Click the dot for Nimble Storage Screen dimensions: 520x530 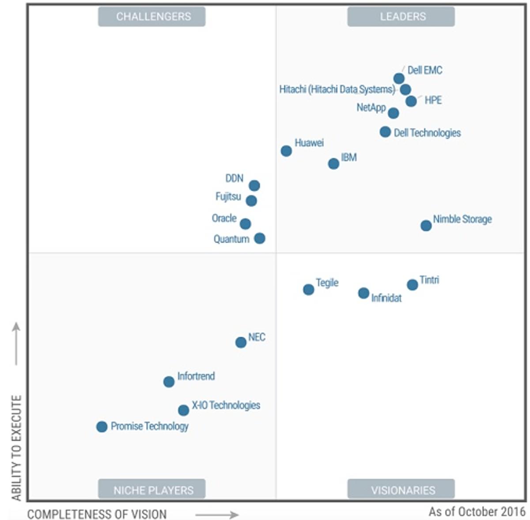426,226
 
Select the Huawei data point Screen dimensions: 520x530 286,151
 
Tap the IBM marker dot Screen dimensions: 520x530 333,164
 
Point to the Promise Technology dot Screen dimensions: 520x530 102,427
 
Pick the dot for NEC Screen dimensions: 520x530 241,342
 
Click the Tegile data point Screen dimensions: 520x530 309,290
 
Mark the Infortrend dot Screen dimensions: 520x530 169,382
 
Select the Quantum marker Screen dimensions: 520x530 260,238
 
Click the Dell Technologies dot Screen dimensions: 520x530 385,132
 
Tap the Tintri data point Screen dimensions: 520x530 413,285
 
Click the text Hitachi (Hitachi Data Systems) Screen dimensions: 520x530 337,90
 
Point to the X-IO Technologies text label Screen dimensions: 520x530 226,405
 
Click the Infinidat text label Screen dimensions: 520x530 386,298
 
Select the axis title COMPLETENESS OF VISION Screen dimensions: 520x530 97,514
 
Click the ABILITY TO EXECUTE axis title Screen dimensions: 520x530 16,448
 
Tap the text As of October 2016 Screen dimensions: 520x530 477,512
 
